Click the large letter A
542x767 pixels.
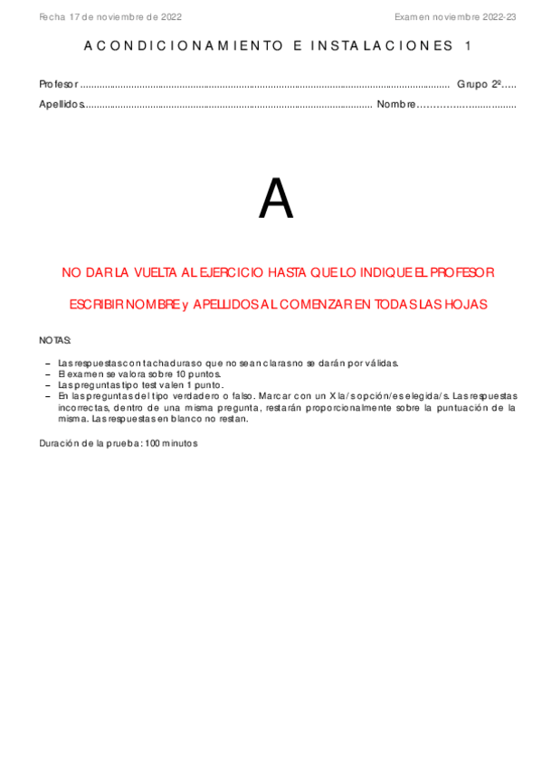tap(276, 200)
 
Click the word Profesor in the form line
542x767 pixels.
tap(59, 84)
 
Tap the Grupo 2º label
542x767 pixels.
tap(479, 84)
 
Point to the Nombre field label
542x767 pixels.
tap(395, 104)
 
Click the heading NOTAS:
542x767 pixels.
tap(54, 340)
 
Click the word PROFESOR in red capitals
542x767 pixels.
tap(461, 272)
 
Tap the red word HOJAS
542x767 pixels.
tap(468, 305)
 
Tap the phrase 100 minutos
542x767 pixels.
tap(171, 443)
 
